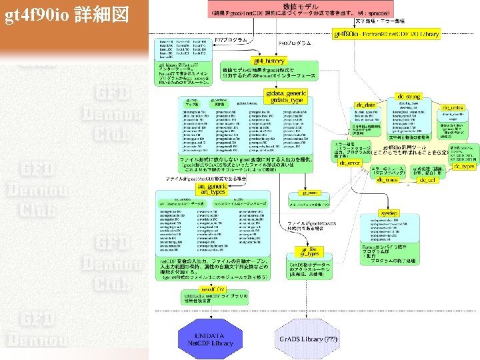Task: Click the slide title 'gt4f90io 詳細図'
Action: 66,15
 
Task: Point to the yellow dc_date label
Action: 366,105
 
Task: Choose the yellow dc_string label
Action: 408,97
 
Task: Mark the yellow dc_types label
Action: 464,167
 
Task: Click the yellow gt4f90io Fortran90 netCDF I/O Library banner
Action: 386,33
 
